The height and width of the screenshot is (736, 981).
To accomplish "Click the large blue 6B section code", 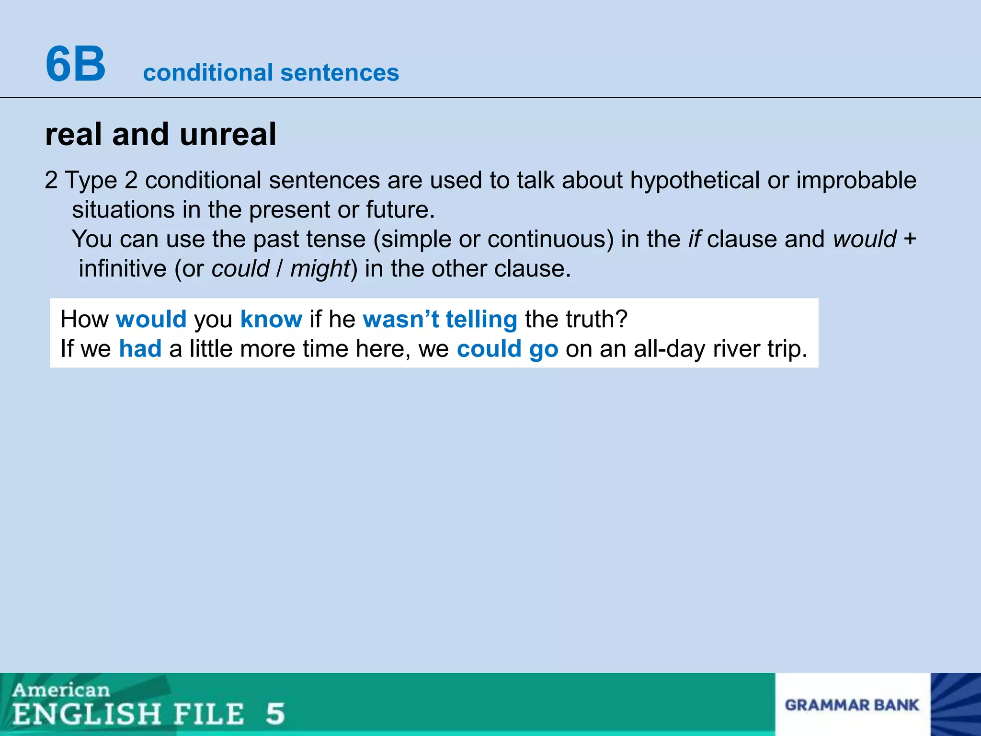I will tap(76, 64).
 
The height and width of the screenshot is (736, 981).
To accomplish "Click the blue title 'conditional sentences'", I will tap(271, 73).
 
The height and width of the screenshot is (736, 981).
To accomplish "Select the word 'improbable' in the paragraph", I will tap(856, 181).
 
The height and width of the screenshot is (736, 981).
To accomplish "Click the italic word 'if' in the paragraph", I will tap(695, 239).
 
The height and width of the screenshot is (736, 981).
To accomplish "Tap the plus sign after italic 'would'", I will tap(910, 239).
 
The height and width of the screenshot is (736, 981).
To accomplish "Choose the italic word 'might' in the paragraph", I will tap(320, 269).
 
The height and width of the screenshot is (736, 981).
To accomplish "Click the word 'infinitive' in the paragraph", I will tap(122, 269).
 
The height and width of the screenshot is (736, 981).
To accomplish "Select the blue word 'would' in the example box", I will tap(151, 319).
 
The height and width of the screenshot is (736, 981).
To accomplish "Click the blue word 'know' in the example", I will tap(271, 319).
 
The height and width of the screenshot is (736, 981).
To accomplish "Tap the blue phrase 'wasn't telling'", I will tap(440, 319).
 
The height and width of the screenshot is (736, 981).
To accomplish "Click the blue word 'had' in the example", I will tap(140, 349).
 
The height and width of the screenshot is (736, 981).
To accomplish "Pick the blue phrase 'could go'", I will tap(507, 349).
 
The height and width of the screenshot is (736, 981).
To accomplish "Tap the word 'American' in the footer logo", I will tap(61, 690).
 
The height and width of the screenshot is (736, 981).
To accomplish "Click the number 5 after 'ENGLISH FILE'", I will tap(275, 713).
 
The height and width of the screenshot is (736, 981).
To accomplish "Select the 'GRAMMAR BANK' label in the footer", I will tap(852, 705).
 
